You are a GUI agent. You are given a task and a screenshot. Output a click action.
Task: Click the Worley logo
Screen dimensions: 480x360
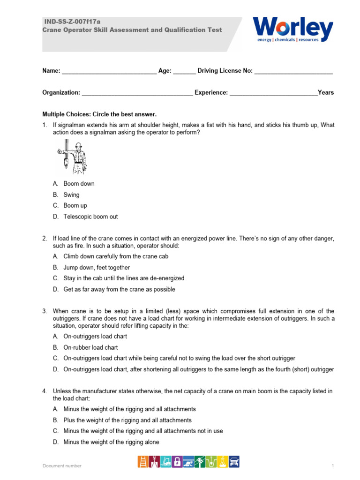coord(293,30)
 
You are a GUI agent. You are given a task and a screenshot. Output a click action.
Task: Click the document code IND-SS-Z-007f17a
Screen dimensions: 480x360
coord(72,22)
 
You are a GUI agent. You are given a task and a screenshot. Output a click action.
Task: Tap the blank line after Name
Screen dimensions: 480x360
coord(109,72)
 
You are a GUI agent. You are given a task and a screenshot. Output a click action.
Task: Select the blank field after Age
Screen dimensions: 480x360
coord(184,72)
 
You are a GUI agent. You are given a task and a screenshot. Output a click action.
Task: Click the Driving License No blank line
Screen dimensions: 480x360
coord(293,72)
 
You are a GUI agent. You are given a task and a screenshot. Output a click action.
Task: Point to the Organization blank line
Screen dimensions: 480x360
coord(137,93)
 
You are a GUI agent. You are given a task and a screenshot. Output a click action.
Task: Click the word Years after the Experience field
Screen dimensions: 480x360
coord(326,92)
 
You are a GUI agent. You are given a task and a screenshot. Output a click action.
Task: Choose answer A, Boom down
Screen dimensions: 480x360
coord(79,184)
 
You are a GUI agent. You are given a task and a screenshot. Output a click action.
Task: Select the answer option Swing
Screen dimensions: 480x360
coord(71,195)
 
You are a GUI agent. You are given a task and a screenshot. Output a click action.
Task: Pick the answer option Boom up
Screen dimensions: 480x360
coord(75,205)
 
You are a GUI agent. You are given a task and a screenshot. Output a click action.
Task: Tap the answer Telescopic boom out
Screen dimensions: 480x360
coord(90,217)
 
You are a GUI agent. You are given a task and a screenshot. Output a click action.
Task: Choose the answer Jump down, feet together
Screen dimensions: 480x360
coord(97,267)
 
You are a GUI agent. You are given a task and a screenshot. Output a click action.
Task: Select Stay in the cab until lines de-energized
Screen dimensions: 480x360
coord(124,278)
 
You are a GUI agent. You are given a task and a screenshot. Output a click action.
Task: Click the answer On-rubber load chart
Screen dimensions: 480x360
coord(90,347)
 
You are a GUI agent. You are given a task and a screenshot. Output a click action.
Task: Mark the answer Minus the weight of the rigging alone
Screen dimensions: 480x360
coord(111,442)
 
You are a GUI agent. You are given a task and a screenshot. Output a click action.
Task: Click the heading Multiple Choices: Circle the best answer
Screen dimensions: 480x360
coord(99,114)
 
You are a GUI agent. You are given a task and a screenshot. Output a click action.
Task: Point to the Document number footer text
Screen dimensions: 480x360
coord(62,465)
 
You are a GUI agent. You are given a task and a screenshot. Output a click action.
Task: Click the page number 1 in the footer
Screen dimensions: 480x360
coord(332,465)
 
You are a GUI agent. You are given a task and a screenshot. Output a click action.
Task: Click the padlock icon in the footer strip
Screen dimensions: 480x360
coord(178,462)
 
